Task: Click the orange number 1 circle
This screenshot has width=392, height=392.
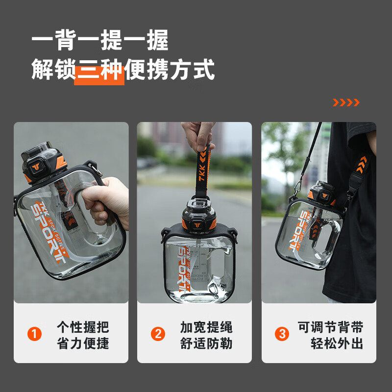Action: [x=34, y=334]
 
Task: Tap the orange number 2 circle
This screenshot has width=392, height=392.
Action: [x=158, y=334]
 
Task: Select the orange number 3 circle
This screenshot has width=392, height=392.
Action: [x=282, y=334]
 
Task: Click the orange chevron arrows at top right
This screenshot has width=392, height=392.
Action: [x=346, y=102]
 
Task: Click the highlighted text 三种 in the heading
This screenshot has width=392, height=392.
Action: [x=99, y=71]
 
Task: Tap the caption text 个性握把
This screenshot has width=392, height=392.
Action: [x=83, y=326]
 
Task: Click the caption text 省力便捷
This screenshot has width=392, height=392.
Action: [x=83, y=343]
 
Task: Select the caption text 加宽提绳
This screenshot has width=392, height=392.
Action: [x=206, y=326]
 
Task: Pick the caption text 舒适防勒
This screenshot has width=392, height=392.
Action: [x=206, y=343]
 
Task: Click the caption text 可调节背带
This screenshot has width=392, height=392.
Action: [x=331, y=326]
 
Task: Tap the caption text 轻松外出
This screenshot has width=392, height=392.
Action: [x=337, y=343]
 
